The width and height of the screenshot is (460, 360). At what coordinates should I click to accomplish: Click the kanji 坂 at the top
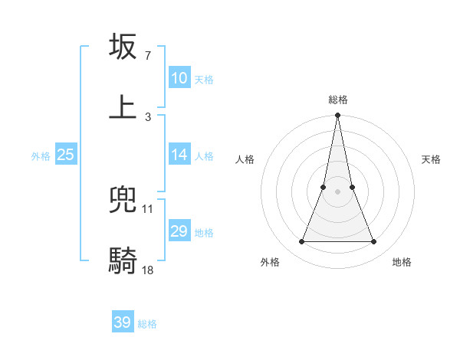[123, 47]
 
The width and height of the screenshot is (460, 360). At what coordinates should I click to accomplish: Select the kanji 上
[123, 106]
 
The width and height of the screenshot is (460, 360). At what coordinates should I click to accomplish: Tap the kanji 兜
[123, 201]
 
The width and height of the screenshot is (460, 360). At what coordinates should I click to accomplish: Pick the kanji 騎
[123, 260]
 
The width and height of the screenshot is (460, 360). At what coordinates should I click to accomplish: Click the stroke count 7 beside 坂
[147, 55]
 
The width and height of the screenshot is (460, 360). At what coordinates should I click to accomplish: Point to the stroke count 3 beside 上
[147, 116]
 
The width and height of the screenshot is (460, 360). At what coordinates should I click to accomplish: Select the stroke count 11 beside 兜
[148, 208]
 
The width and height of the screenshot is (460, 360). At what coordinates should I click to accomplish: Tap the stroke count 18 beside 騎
[148, 269]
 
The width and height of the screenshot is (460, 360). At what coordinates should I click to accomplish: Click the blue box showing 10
[179, 78]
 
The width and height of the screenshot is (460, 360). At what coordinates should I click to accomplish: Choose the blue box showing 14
[179, 155]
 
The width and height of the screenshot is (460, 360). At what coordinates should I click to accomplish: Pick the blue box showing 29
[179, 231]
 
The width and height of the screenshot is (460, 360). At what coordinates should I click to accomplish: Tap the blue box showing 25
[66, 155]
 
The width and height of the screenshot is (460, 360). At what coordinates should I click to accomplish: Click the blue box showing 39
[123, 322]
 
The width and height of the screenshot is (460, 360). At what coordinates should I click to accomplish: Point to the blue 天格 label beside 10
[204, 79]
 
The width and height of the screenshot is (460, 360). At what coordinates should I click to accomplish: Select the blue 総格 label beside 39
[147, 324]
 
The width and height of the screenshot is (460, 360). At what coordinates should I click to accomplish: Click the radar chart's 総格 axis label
[337, 100]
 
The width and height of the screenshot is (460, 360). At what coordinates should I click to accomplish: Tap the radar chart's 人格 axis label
[245, 159]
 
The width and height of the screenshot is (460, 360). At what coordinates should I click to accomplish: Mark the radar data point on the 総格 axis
[337, 116]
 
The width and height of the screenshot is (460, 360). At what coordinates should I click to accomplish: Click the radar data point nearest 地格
[373, 242]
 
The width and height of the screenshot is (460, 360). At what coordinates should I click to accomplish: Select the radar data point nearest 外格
[301, 242]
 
